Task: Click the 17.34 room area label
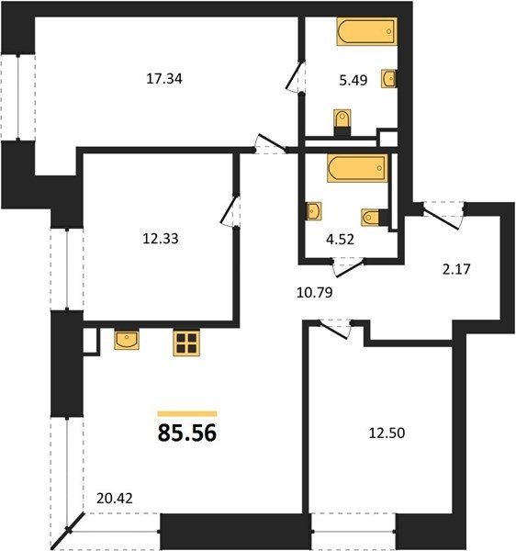coord(164,78)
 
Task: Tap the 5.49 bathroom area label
coord(353,80)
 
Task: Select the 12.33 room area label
coord(161,239)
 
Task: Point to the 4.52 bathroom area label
coord(340,240)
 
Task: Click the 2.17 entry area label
coord(456,269)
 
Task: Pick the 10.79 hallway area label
coord(314,292)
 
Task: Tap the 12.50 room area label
coord(387,433)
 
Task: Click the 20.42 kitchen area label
coord(115,499)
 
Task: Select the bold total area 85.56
coord(187,433)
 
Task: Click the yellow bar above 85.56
coord(187,413)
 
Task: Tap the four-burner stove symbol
coord(186,343)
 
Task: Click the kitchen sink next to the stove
coord(127,340)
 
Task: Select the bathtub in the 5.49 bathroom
coord(367,31)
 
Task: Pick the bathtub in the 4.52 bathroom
coord(357,168)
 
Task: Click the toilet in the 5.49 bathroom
coord(342,122)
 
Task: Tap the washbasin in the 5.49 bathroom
coord(389,78)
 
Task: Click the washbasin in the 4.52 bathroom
coord(314,211)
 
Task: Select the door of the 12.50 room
coord(333,330)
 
